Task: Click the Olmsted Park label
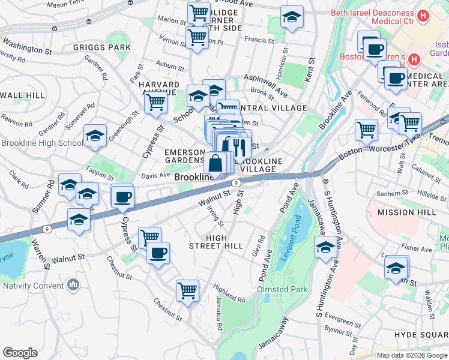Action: point(282,289)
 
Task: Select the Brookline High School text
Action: point(42,143)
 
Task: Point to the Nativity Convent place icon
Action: point(74,283)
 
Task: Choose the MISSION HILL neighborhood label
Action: point(405,212)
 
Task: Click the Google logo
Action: point(20,353)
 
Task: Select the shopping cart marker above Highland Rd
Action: point(187,291)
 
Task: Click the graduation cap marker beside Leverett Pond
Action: point(325,247)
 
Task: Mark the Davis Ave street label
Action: point(156,175)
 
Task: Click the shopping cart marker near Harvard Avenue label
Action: point(155,102)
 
